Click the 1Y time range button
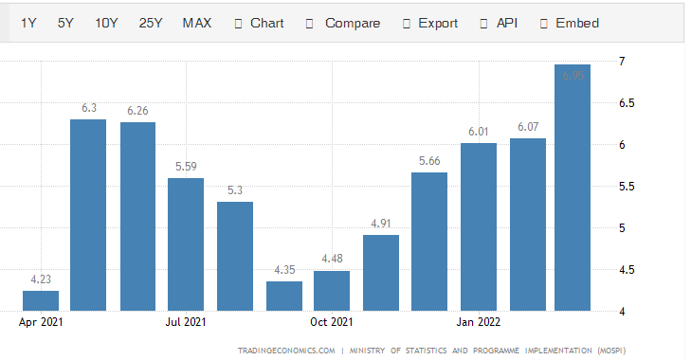(29, 23)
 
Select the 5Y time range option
(65, 23)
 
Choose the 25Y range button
(151, 23)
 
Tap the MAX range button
(197, 23)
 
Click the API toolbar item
(506, 23)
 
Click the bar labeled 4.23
(41, 300)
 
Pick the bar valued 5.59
(186, 244)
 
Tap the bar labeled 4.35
(283, 296)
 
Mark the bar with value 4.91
(381, 273)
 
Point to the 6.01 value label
(479, 132)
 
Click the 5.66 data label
(429, 161)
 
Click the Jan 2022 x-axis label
(479, 322)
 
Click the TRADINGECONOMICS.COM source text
(286, 350)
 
